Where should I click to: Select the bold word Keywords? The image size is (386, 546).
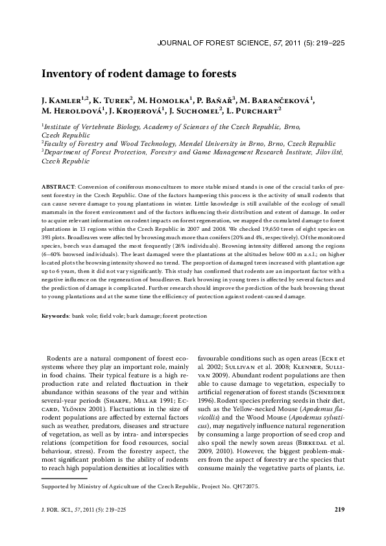(x=55, y=316)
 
